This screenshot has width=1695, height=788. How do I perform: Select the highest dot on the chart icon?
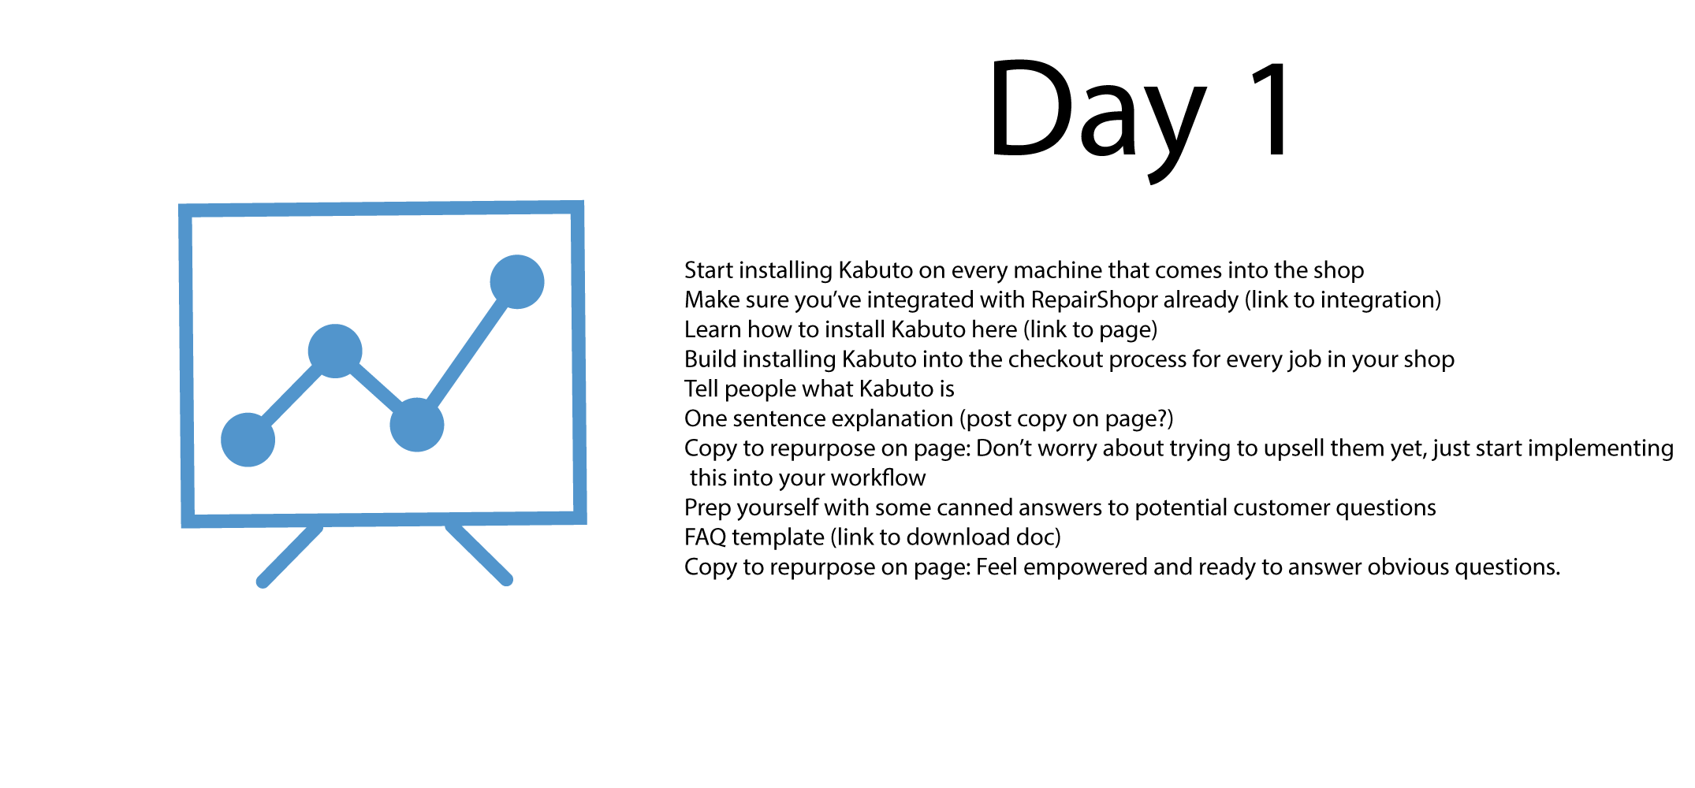coord(517,282)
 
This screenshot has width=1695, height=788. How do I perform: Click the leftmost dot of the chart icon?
coord(248,440)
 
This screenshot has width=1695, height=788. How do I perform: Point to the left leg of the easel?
coord(289,555)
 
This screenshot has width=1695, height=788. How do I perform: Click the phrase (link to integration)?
coord(1343,300)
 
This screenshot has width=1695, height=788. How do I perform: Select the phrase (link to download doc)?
coord(945,537)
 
